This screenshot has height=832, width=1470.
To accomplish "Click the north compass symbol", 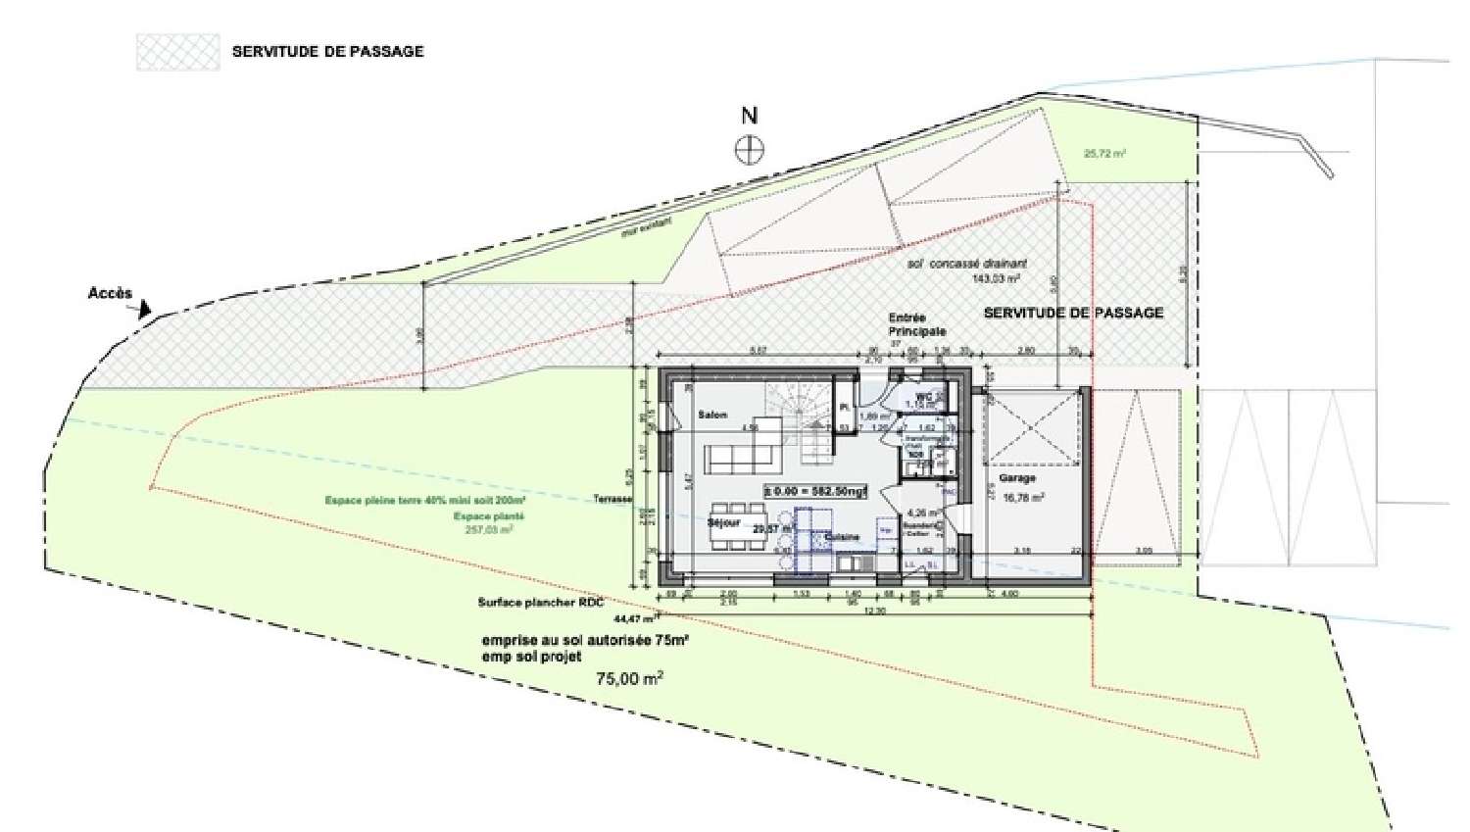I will pos(750,150).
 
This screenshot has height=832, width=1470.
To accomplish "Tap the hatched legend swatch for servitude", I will pos(177,51).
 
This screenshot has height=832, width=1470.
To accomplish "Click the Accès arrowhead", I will pos(144,310).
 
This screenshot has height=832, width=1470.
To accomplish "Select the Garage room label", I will pos(1017,478).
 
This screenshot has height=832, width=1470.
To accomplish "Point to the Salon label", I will pos(712,416).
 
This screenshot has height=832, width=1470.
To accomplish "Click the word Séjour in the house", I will pos(723,523).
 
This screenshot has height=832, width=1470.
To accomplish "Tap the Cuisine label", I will pos(842,537).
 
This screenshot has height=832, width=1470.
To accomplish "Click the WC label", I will pos(923,396).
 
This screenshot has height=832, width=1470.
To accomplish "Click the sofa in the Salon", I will pos(743,457).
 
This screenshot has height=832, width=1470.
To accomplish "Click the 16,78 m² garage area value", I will pos(1023,497).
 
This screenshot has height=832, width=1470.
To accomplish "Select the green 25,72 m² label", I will pos(1104,154).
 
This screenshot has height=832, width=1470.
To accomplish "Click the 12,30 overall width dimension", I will pos(874,612).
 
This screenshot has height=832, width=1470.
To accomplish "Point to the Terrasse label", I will pos(613,499).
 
